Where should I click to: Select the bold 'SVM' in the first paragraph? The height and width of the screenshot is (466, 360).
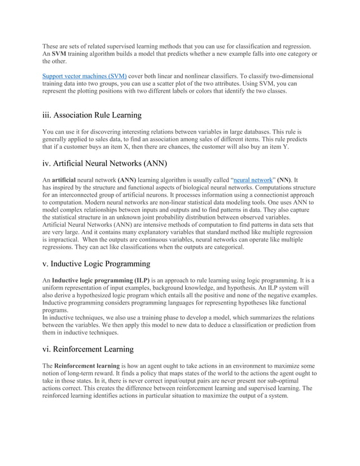click(60, 53)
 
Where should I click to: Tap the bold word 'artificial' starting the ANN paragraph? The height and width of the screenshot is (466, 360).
click(67, 179)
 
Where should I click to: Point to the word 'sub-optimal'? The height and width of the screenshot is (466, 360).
click(296, 380)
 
